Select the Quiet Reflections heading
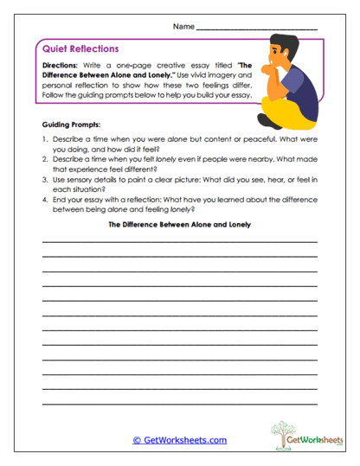coord(80,49)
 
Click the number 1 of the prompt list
coord(43,138)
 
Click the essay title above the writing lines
coord(179,247)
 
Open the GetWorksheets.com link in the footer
coord(179,440)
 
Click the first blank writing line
coord(179,265)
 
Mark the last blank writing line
coord(179,405)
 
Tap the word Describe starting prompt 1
coord(69,138)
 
